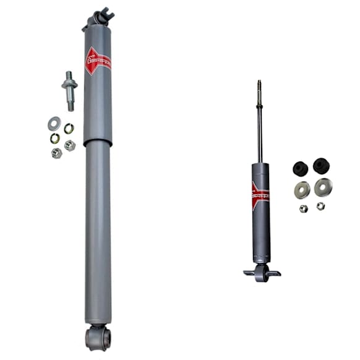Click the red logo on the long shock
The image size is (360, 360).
click(x=98, y=61)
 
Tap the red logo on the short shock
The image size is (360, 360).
click(x=260, y=192)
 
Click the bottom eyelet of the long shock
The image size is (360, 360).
click(x=98, y=337)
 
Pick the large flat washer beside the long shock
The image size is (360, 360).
click(x=54, y=123)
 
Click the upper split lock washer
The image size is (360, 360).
click(x=69, y=128)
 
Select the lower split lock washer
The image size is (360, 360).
click(x=55, y=139)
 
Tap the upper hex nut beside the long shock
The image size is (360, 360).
click(x=70, y=145)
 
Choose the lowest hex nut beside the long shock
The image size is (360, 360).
click(x=57, y=153)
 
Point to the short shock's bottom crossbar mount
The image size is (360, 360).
click(x=262, y=272)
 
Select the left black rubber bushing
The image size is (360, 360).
click(x=301, y=168)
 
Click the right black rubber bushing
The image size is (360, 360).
click(x=320, y=166)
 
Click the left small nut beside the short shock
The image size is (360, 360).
click(x=304, y=208)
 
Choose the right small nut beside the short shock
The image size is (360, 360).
click(x=320, y=206)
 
